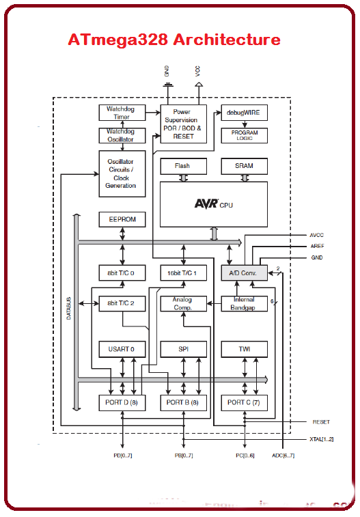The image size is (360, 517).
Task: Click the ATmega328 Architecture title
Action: [x=174, y=40]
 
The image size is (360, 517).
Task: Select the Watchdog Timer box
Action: [x=122, y=113]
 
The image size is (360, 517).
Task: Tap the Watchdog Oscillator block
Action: [x=122, y=135]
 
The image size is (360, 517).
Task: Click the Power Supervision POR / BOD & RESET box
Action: [x=183, y=124]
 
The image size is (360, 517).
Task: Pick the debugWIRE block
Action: [x=244, y=113]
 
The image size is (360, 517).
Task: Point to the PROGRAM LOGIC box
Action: [x=244, y=135]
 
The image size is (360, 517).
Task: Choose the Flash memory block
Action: [x=182, y=166]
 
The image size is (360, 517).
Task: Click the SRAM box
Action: [x=244, y=166]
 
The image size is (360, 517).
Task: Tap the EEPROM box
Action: [x=122, y=219]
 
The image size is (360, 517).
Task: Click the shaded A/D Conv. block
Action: [x=244, y=273]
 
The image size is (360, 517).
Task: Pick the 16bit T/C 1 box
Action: [x=182, y=273]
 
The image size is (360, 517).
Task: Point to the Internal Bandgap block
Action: [x=244, y=303]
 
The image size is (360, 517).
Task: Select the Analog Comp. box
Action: [x=182, y=303]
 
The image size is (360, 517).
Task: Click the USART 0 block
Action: [x=122, y=349]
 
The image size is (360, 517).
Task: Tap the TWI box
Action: [x=244, y=349]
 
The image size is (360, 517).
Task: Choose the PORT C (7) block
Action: [x=244, y=403]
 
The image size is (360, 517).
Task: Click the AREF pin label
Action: [x=316, y=246]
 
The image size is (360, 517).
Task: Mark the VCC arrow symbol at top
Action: [x=199, y=85]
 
